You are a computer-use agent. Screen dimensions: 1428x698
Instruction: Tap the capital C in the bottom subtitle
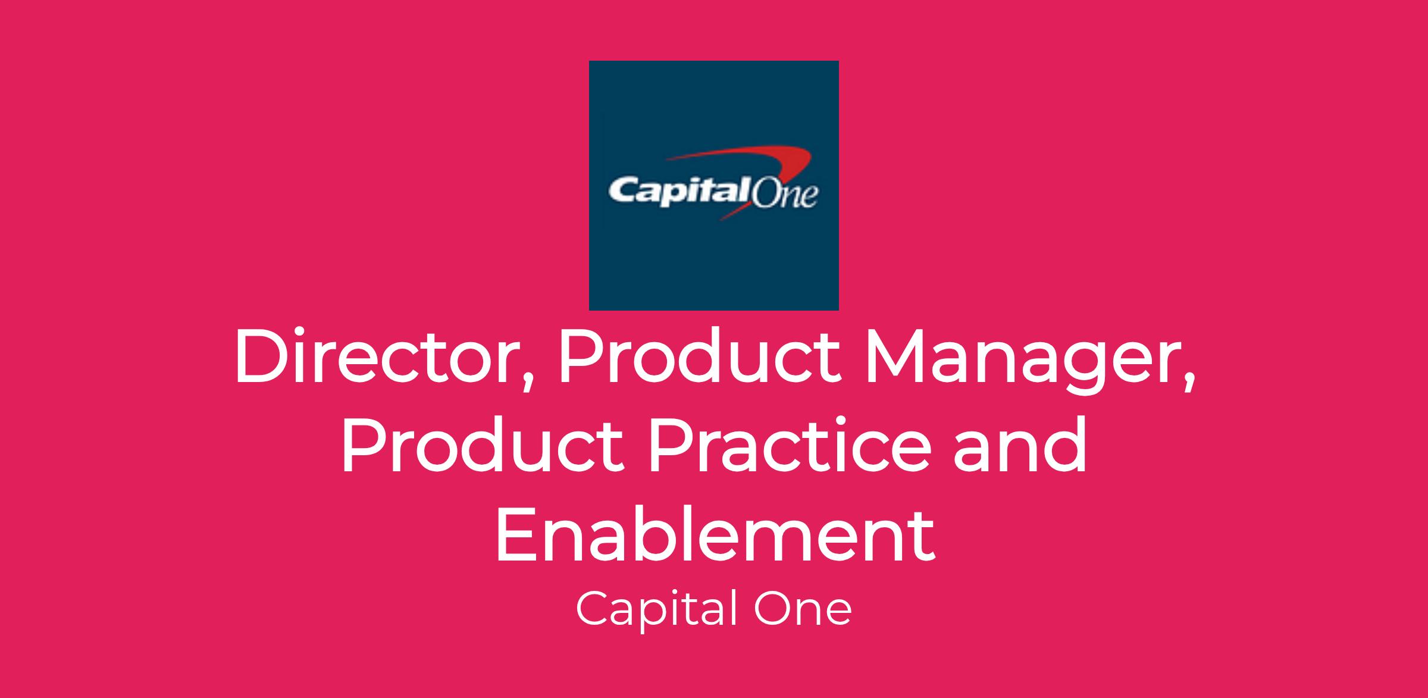[593, 611]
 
